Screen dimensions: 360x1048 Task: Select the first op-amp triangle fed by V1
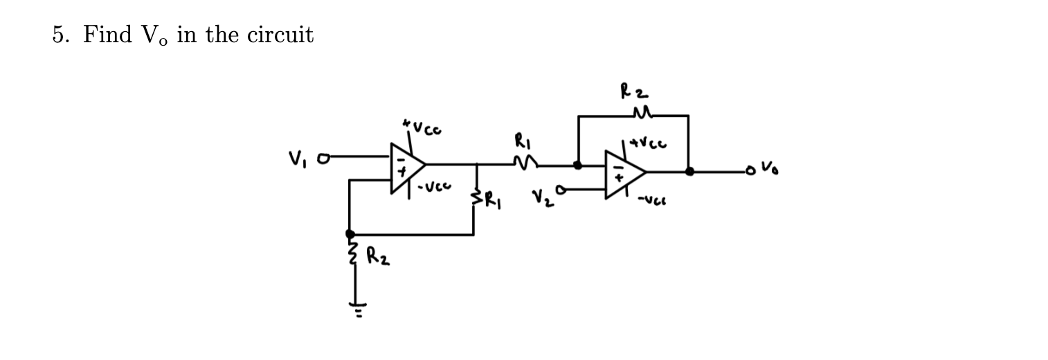[x=405, y=168]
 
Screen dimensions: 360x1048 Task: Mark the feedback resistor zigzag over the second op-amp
[x=633, y=114]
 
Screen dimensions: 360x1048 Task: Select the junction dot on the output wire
[x=689, y=171]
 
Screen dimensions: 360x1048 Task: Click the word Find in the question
[x=107, y=35]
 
